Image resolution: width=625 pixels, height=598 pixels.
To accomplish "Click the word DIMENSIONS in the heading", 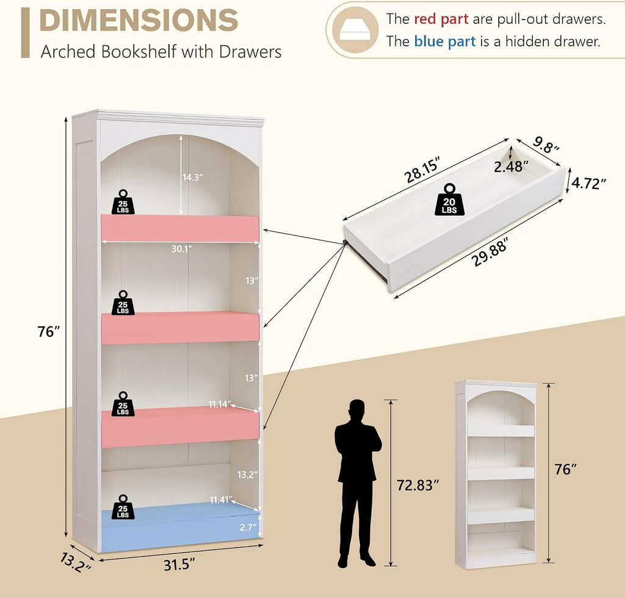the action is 139,20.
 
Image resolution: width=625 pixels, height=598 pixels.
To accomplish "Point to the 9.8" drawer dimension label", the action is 546,145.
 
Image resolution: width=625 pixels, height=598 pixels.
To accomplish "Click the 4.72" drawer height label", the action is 589,183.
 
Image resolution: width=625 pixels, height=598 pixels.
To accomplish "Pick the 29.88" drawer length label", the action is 490,252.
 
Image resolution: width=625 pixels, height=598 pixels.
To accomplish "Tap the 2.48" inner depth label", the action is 511,167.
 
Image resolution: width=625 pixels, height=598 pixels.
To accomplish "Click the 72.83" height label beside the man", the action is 417,485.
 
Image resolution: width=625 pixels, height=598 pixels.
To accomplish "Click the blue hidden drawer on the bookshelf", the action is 180,527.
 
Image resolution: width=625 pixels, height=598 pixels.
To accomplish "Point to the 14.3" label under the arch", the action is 193,178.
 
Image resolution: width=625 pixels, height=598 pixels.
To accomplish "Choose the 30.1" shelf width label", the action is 182,249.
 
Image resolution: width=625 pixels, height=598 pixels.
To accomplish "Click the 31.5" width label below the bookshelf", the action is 179,564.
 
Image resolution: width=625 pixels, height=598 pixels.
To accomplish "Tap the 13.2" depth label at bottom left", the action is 76,562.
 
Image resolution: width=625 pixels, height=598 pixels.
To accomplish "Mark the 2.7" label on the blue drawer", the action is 248,527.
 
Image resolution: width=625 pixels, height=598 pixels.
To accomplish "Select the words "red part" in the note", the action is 441,19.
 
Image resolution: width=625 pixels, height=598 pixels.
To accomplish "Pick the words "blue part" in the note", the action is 445,41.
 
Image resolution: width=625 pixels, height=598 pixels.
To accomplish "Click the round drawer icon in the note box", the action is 356,30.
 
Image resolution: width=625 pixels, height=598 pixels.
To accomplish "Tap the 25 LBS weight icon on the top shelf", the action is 123,202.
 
